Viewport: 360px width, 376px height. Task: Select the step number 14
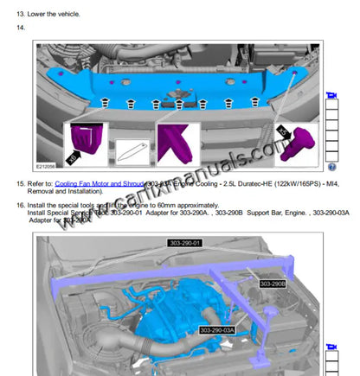coord(22,28)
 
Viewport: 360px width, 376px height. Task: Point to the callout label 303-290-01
coord(183,244)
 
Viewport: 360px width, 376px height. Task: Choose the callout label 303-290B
coord(273,282)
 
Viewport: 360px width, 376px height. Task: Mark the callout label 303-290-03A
coord(218,329)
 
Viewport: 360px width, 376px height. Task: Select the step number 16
coord(22,205)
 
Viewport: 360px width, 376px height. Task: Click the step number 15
coord(22,185)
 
